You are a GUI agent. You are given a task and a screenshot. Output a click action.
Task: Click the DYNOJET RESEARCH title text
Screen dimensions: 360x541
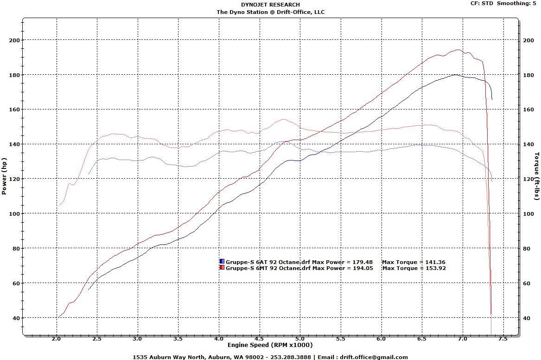coord(270,5)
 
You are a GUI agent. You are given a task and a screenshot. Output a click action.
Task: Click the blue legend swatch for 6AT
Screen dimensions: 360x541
coord(222,262)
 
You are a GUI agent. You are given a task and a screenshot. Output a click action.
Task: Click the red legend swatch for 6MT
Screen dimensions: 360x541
coord(222,268)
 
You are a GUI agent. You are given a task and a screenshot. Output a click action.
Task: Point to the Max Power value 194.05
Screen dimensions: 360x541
coord(363,268)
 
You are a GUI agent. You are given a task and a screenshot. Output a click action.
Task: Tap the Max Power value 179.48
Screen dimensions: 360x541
coord(363,262)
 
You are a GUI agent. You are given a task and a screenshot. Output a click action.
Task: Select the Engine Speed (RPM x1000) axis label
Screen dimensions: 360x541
coord(270,345)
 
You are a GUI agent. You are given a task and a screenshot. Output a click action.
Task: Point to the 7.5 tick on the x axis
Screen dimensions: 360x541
coord(503,339)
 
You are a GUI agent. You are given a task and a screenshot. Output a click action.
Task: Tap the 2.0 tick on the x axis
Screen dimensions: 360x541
coord(57,339)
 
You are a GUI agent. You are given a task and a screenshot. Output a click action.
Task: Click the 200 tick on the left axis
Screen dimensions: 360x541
coord(14,40)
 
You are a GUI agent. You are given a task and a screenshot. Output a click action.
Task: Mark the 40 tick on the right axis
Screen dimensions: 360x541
coord(527,318)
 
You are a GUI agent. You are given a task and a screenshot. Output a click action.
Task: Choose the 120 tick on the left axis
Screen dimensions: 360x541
coord(14,179)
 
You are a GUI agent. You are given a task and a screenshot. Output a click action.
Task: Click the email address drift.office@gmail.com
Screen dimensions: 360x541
coord(374,357)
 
